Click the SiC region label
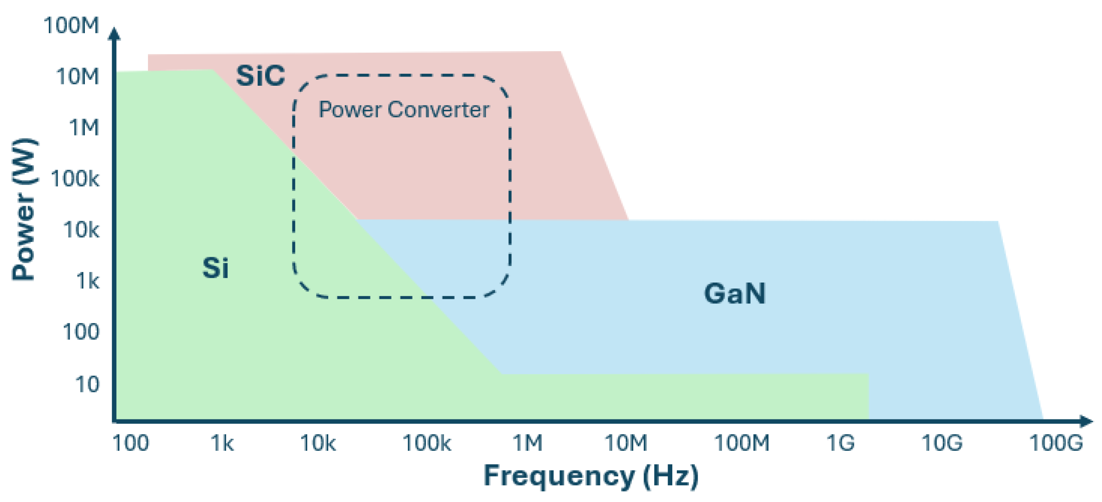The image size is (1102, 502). tap(261, 76)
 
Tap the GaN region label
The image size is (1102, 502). tap(735, 294)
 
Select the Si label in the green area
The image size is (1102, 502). tap(215, 268)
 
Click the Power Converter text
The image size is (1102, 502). tap(404, 110)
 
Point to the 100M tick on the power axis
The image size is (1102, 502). tap(71, 25)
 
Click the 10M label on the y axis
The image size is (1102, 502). tap(77, 77)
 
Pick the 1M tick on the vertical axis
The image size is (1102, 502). tap(84, 128)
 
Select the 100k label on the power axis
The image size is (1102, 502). tap(75, 179)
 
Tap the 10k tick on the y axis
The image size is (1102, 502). tap(81, 230)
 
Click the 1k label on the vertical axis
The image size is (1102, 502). tap(87, 281)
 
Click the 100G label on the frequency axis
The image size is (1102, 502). tap(1056, 443)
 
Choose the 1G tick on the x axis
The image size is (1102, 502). tap(840, 443)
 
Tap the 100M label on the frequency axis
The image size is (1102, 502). tap(742, 443)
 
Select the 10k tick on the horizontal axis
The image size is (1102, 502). tap(318, 443)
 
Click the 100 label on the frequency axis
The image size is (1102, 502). tap(131, 443)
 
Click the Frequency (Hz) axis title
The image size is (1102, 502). tap(591, 476)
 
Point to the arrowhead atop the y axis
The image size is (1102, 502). tap(114, 34)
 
